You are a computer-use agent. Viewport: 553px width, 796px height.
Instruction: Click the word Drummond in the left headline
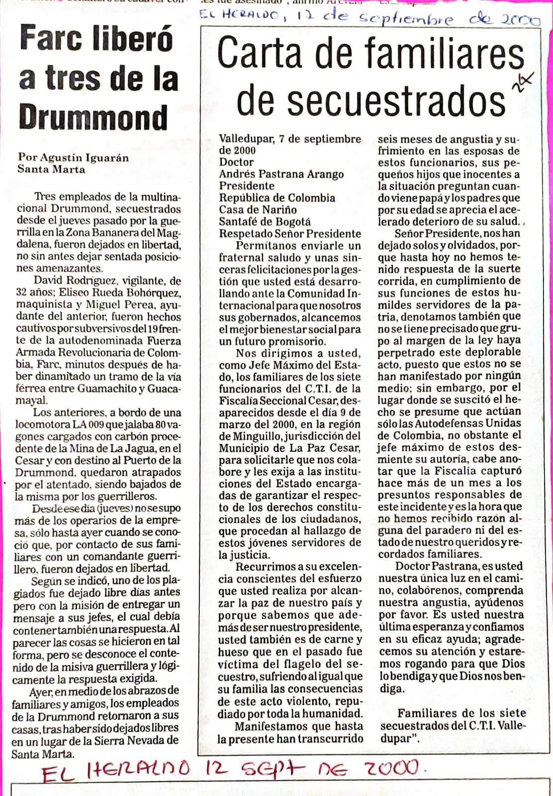coord(93,118)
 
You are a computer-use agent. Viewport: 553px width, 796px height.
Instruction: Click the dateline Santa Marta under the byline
coord(51,169)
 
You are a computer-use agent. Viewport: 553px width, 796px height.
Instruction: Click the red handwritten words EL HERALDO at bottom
coord(115,772)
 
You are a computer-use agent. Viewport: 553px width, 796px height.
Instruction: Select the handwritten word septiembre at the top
coord(406,19)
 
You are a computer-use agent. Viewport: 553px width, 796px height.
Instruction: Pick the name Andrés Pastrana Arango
coord(281,174)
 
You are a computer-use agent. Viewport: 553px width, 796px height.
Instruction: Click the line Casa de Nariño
coord(258,209)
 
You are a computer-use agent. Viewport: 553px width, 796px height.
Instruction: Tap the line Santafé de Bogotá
coord(265,222)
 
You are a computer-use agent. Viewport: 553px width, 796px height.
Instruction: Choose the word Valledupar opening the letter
coord(245,139)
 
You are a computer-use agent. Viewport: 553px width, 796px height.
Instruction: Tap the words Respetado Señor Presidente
coord(290,234)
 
